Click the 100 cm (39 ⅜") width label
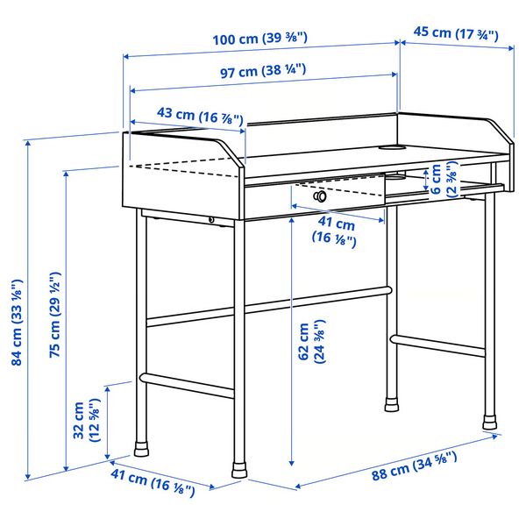click(261, 39)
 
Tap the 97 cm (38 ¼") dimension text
click(261, 72)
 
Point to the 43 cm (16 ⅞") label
click(188, 114)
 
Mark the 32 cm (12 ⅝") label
click(86, 421)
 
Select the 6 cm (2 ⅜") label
click(444, 181)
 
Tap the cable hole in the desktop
click(393, 147)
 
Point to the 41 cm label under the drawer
click(335, 231)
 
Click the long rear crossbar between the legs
click(267, 302)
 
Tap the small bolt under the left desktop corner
click(212, 219)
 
